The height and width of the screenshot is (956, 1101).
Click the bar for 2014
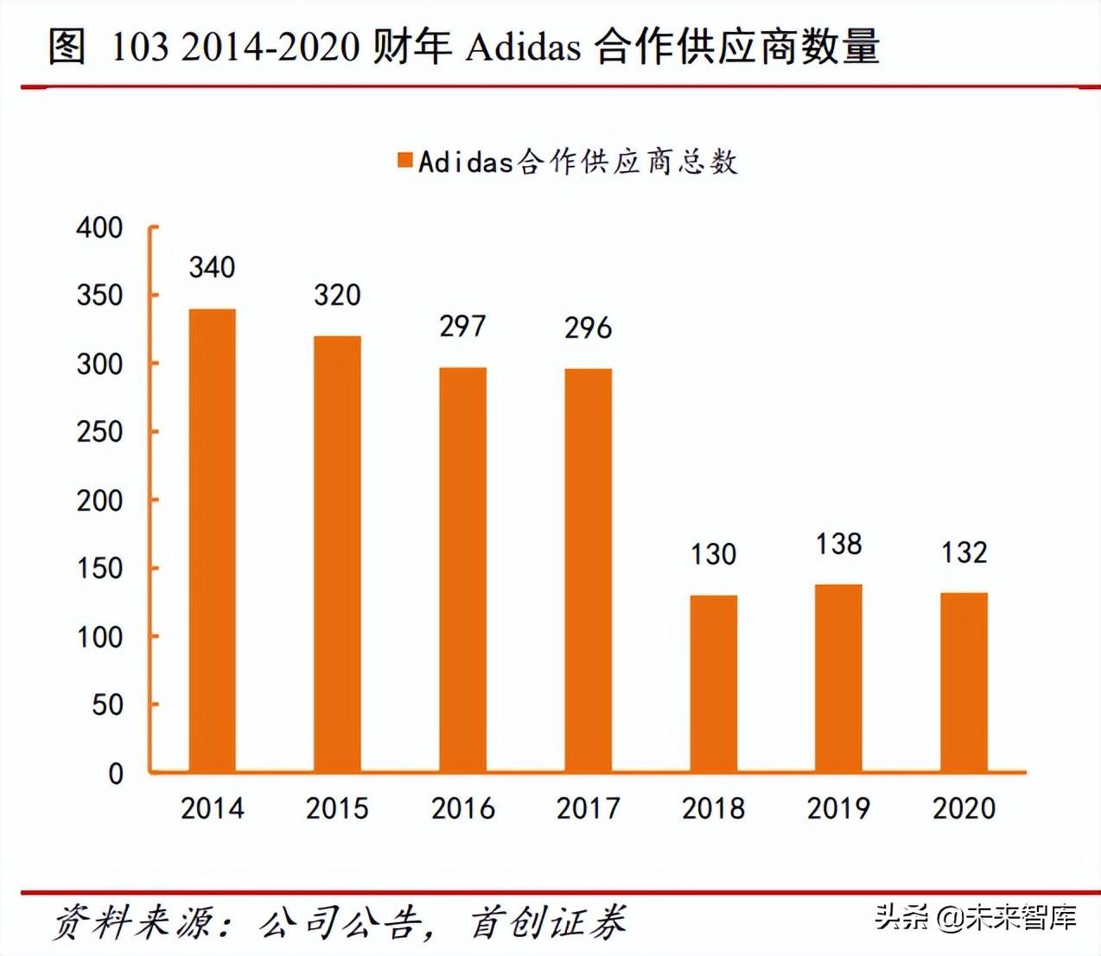[x=212, y=540]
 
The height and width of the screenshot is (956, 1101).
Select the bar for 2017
[x=588, y=570]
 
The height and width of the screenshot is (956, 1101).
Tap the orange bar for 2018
[x=713, y=683]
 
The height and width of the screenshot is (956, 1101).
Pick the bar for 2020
[x=964, y=682]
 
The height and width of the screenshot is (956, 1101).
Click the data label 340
[x=212, y=267]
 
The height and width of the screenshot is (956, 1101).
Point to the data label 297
[x=462, y=326]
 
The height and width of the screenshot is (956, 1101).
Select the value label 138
[x=838, y=544]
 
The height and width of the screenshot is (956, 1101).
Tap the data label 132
[x=964, y=552]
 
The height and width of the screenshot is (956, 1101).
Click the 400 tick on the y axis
[x=99, y=227]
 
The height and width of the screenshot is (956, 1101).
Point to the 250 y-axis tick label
[x=99, y=431]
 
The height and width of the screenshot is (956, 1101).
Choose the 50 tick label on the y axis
[x=107, y=704]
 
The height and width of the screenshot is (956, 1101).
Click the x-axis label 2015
[x=337, y=808]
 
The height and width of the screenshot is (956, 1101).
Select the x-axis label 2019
[x=838, y=808]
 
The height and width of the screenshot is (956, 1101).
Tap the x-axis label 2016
[x=462, y=808]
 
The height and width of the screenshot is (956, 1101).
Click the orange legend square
[x=404, y=161]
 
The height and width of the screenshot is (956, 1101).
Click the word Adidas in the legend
[x=466, y=162]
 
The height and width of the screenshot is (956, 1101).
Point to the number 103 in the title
[x=139, y=47]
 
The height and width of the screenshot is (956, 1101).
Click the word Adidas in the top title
[x=523, y=47]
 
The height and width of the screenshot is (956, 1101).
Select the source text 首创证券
[x=548, y=922]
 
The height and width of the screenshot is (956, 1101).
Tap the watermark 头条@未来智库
[x=976, y=916]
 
